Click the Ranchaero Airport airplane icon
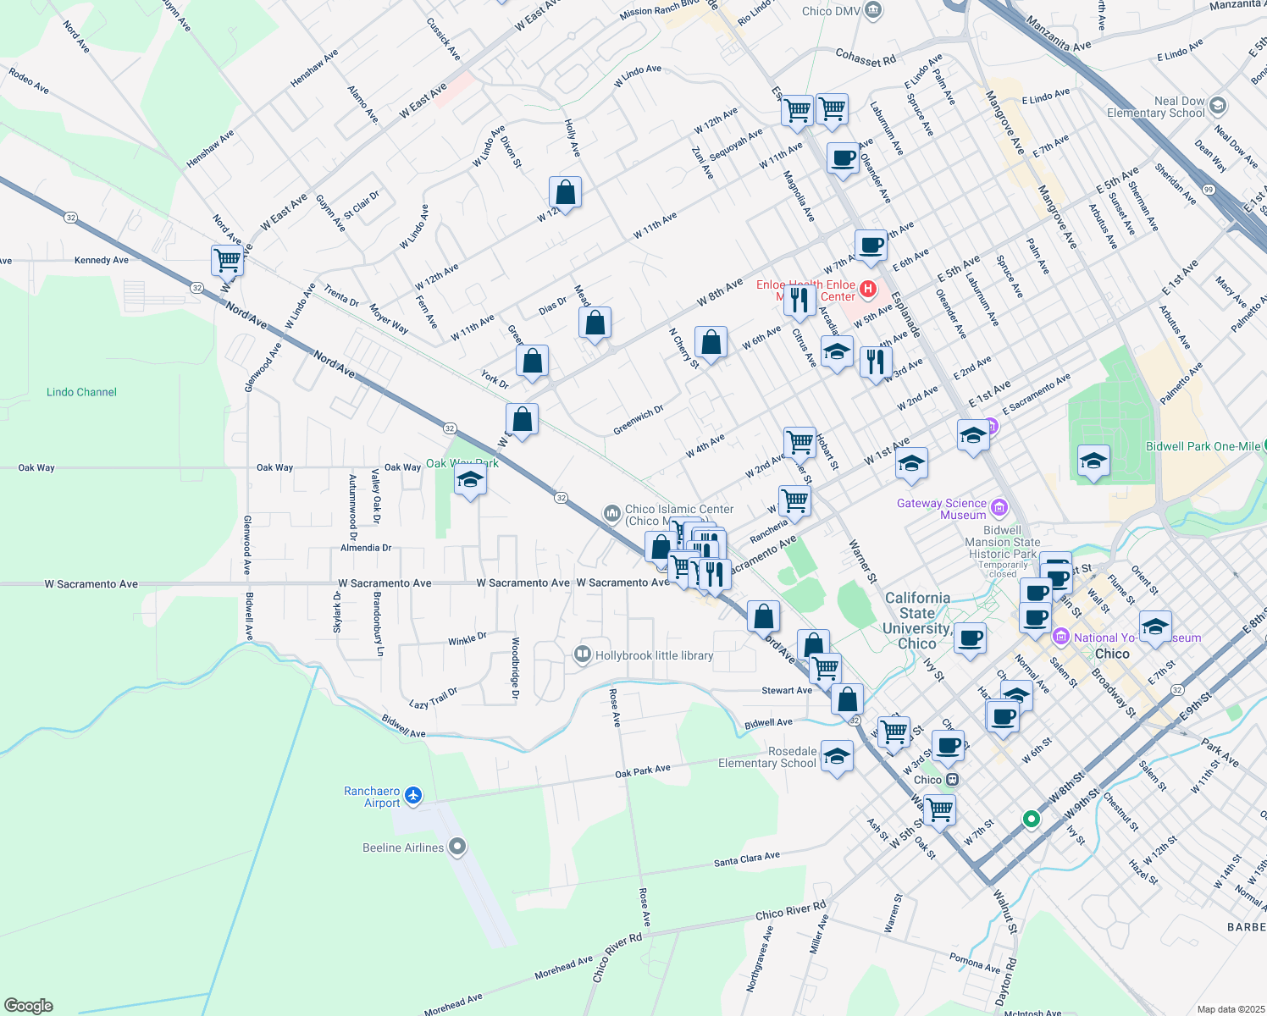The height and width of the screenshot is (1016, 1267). [x=413, y=795]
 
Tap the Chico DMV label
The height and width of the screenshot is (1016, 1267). [x=829, y=11]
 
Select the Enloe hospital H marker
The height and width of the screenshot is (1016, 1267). [x=867, y=290]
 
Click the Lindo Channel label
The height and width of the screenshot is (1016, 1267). [x=81, y=392]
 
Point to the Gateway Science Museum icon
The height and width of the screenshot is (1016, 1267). [x=999, y=507]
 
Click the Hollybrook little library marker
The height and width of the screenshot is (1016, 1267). [x=582, y=654]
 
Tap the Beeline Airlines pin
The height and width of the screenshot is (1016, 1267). [x=457, y=846]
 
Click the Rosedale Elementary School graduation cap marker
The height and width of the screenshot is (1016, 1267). [x=837, y=756]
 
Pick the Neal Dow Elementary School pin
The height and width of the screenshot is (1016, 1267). [x=1218, y=106]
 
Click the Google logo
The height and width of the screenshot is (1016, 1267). [x=29, y=1005]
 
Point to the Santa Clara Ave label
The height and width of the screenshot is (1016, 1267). [x=746, y=859]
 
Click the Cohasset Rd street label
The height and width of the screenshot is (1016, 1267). [x=866, y=58]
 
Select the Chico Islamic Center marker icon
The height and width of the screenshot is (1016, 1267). [x=611, y=513]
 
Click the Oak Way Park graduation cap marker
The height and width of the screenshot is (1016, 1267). [x=470, y=481]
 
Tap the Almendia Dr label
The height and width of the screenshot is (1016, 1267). [x=366, y=548]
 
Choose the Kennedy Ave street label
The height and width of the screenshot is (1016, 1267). [x=102, y=260]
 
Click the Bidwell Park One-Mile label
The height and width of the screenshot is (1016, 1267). [x=1203, y=446]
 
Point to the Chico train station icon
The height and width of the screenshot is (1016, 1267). [x=952, y=780]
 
